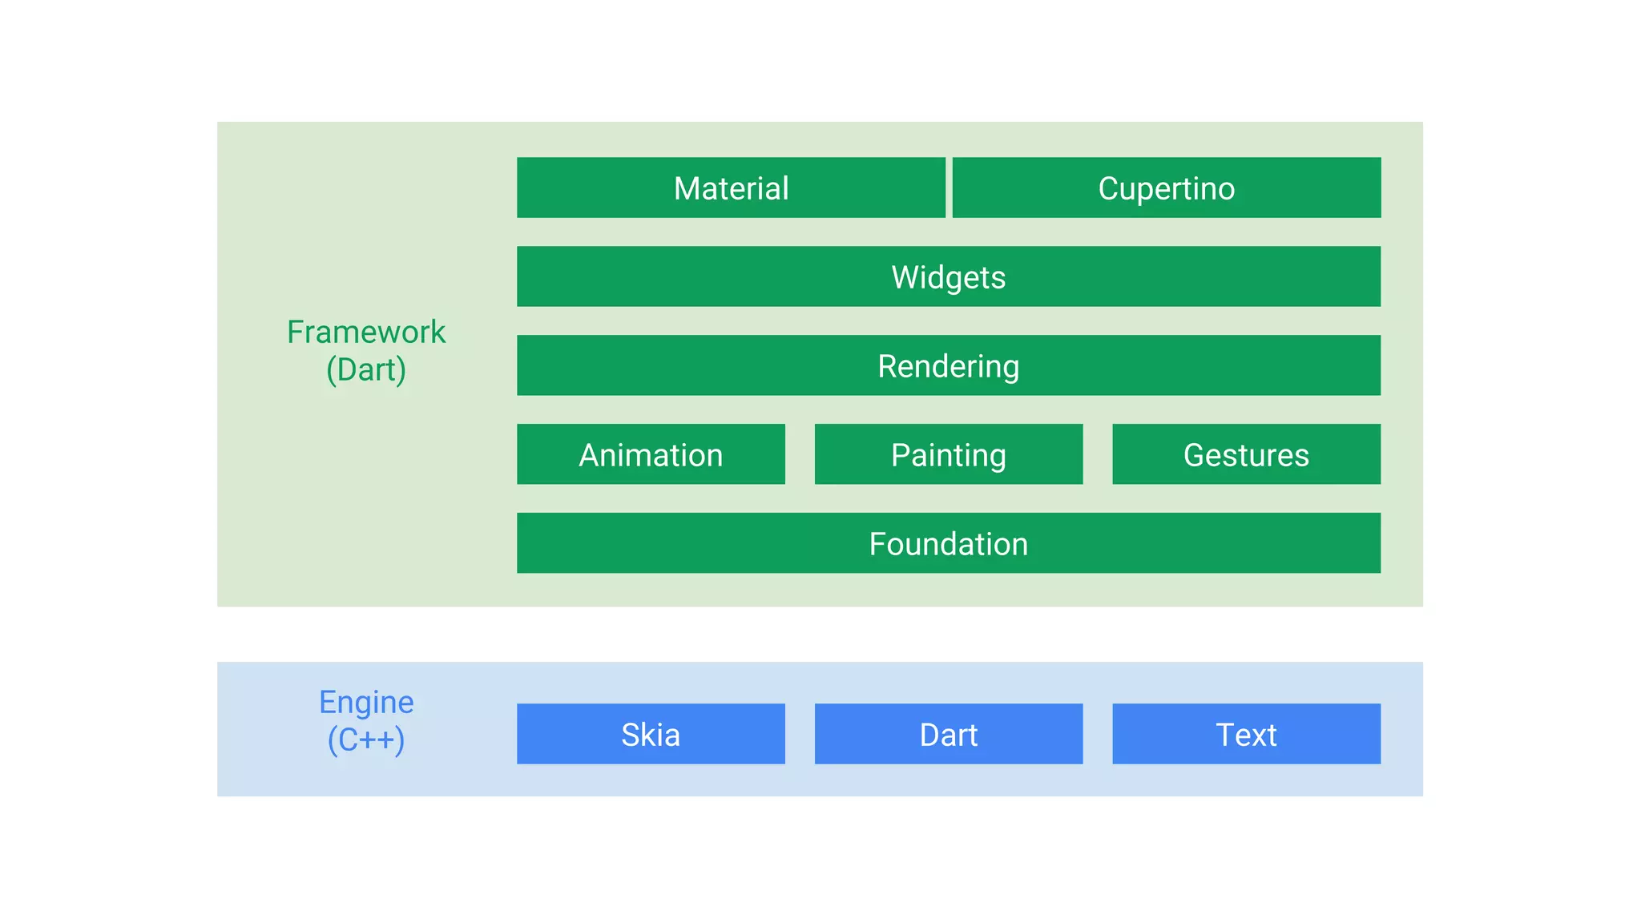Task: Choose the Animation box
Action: pos(651,454)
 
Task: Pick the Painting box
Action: pos(949,454)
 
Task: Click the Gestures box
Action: pos(1246,454)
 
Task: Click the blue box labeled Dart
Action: pos(949,734)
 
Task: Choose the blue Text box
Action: pos(1246,734)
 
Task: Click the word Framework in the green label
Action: pos(366,332)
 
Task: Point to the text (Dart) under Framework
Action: pos(366,370)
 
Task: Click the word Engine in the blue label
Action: pos(366,703)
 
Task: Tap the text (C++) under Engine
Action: pos(366,740)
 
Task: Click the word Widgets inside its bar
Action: pos(949,277)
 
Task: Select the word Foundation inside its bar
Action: pos(949,544)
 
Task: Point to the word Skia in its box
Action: pos(651,735)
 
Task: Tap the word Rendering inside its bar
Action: pos(949,366)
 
